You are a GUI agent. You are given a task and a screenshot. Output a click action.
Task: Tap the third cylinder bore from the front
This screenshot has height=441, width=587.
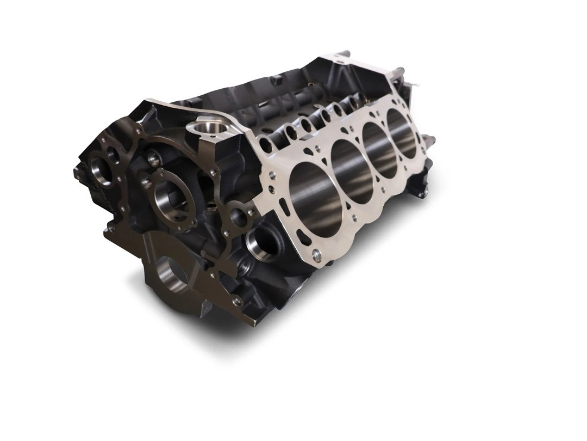coord(380,149)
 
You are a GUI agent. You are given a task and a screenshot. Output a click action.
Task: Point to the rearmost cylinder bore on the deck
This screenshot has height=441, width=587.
coord(403,133)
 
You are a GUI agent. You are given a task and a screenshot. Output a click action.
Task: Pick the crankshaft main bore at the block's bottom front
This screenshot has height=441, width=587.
coord(173,275)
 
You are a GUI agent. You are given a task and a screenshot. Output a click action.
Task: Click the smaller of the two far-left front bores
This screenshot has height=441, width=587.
coord(114,156)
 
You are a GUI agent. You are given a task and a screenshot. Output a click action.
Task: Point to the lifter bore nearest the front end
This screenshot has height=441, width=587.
coord(266,145)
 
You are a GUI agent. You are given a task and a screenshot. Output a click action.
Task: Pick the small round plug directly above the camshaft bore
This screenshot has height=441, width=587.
coord(153,159)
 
